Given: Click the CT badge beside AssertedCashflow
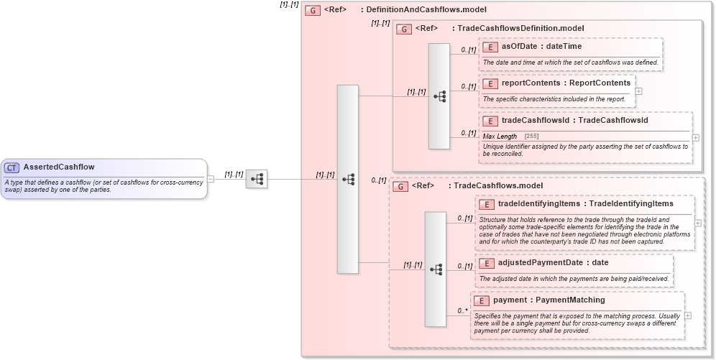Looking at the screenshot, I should point(12,167).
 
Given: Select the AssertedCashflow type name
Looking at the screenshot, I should point(58,167).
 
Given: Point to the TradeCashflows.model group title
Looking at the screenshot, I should point(498,185).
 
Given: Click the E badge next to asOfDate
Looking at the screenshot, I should point(490,47).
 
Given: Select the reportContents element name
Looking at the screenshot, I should point(531,83).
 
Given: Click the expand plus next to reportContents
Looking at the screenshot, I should point(639,91).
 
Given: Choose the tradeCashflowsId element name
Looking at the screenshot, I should point(536,121).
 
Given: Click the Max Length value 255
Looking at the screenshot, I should point(531,136).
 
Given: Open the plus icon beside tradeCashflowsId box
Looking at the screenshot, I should point(695,137).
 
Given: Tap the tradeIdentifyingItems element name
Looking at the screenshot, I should point(538,203).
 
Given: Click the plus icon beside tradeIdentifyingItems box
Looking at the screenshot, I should point(698,223).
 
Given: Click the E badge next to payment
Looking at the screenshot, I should point(482,300).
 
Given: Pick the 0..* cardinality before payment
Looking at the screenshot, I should point(462,311).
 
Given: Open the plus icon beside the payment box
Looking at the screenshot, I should point(688,315).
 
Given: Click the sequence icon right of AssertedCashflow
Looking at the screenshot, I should point(256,179).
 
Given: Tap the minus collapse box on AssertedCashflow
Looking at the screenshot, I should point(211,179).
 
